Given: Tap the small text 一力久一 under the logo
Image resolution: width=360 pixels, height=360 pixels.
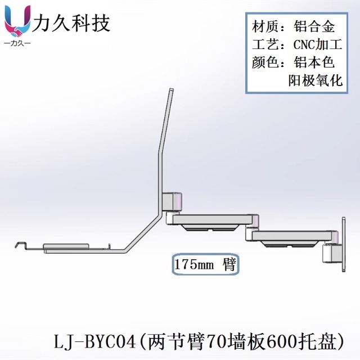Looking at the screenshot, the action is [x=17, y=43].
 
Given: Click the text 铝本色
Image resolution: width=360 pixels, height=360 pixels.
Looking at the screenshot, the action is [x=314, y=62].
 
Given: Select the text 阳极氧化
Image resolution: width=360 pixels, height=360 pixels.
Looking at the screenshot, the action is [x=315, y=80].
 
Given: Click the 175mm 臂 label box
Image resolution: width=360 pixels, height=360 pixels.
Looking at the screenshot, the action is [x=205, y=264].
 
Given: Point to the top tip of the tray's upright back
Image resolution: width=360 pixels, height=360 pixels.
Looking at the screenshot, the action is [x=170, y=91].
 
